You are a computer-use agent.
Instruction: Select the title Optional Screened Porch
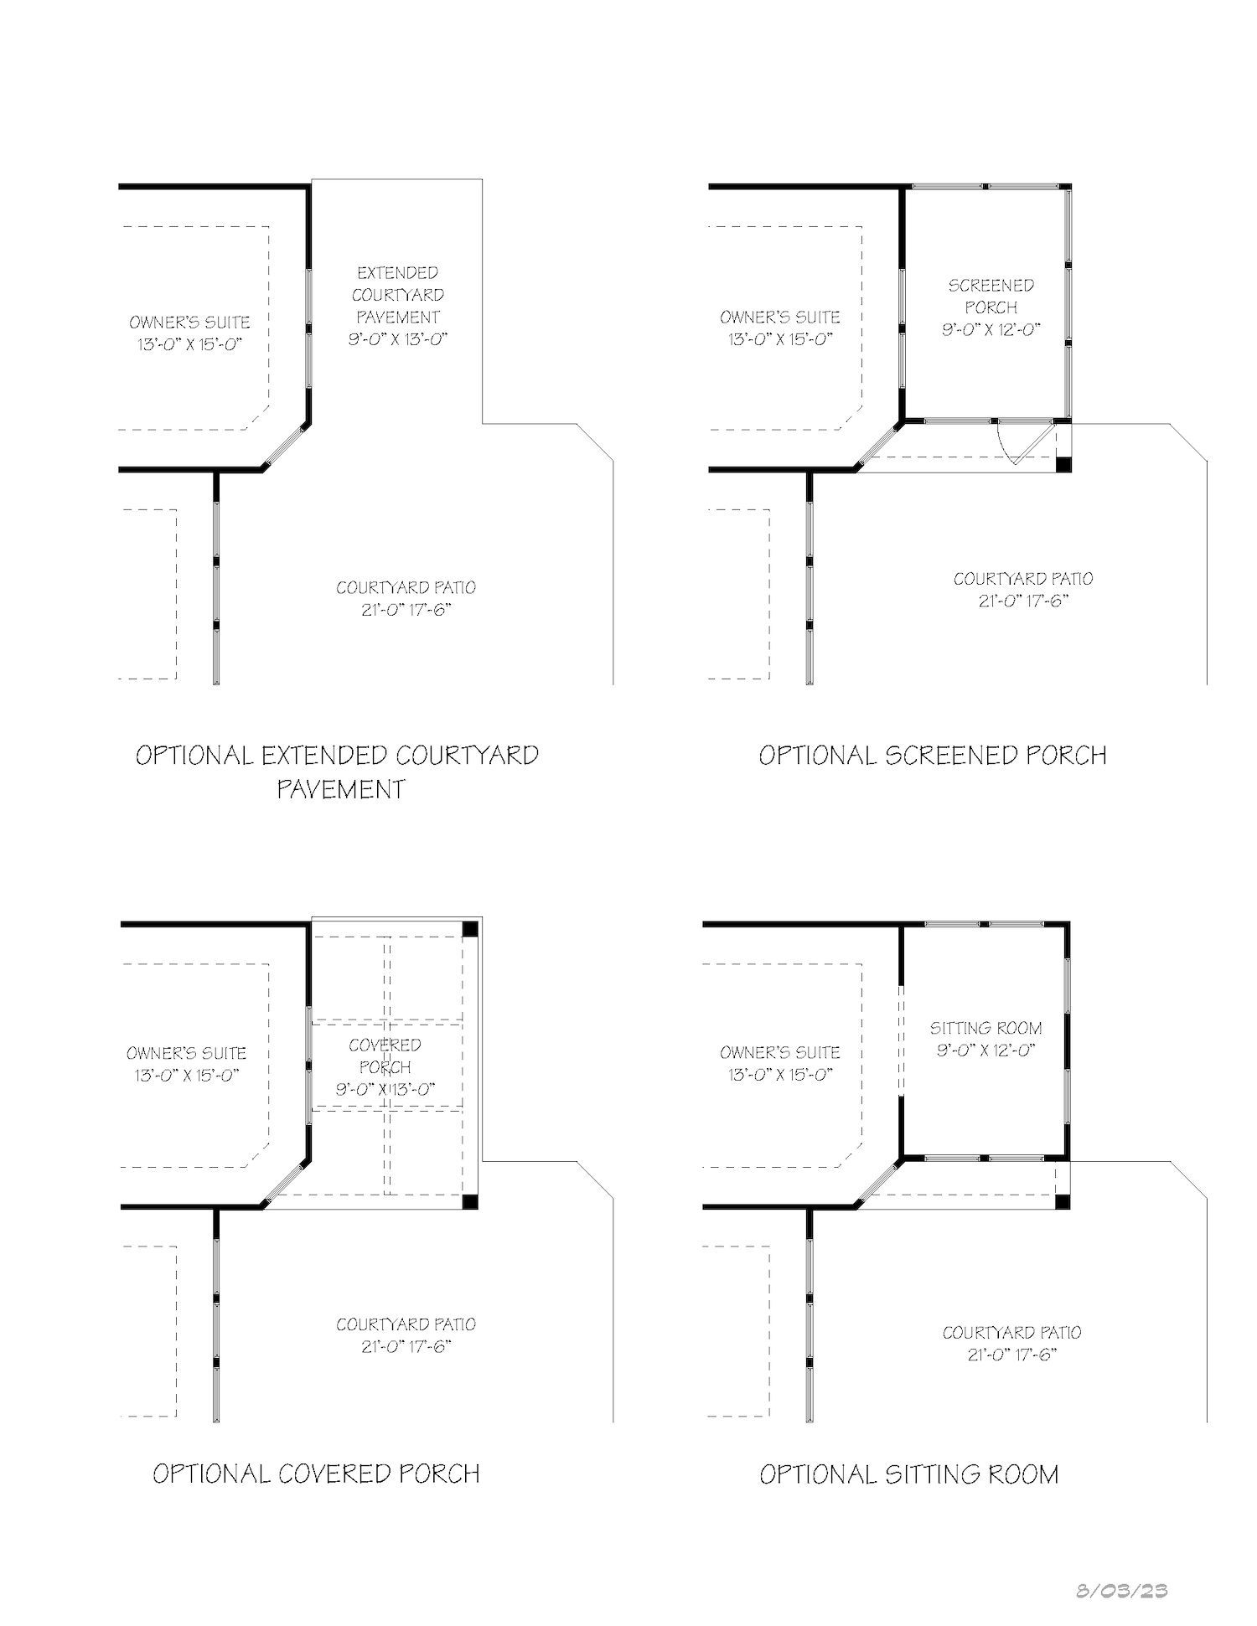pyautogui.click(x=933, y=756)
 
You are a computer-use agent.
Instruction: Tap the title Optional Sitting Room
pyautogui.click(x=909, y=1474)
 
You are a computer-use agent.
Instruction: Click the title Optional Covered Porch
pyautogui.click(x=316, y=1474)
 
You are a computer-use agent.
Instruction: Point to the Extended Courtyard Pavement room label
pyautogui.click(x=398, y=295)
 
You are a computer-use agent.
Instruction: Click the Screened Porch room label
pyautogui.click(x=991, y=297)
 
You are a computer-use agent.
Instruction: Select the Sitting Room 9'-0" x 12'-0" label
pyautogui.click(x=986, y=1039)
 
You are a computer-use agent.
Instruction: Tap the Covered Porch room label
pyautogui.click(x=385, y=1056)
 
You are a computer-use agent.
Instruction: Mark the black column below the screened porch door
pyautogui.click(x=1063, y=465)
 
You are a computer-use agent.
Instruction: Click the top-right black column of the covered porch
pyautogui.click(x=470, y=928)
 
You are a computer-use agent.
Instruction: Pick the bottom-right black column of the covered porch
pyautogui.click(x=470, y=1202)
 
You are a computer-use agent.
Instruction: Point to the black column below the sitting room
pyautogui.click(x=1063, y=1202)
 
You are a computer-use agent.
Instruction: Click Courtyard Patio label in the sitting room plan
pyautogui.click(x=1011, y=1344)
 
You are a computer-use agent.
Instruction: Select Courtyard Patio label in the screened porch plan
pyautogui.click(x=1022, y=590)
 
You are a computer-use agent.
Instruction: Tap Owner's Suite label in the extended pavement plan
pyautogui.click(x=189, y=333)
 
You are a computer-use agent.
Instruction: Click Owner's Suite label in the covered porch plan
pyautogui.click(x=187, y=1064)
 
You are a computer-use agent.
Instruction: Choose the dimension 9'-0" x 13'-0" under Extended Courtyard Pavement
pyautogui.click(x=398, y=339)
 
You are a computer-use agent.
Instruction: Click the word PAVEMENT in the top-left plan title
pyautogui.click(x=341, y=789)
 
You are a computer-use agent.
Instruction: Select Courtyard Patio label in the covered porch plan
pyautogui.click(x=406, y=1335)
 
